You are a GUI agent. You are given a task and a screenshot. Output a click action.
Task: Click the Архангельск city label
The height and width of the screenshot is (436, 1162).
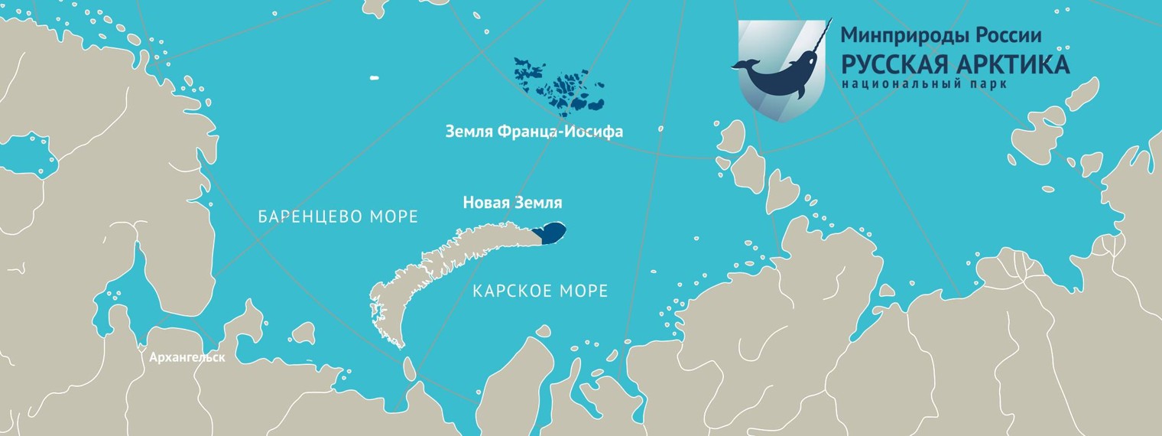(x=187, y=357)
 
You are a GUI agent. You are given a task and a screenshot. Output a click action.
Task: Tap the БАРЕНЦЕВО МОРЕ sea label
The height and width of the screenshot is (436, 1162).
(x=338, y=216)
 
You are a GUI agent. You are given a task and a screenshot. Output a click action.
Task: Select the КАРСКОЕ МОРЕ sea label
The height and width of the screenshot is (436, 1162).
(x=540, y=291)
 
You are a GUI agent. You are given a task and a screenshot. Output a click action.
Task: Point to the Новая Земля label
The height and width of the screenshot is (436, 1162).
(x=512, y=203)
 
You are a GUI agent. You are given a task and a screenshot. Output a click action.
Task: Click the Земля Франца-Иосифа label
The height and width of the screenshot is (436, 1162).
(x=534, y=132)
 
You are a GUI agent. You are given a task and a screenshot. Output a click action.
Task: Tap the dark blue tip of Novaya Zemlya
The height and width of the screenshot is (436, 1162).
(x=553, y=233)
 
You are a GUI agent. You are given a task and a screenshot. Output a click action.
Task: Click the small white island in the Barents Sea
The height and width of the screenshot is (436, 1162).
(x=375, y=77)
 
